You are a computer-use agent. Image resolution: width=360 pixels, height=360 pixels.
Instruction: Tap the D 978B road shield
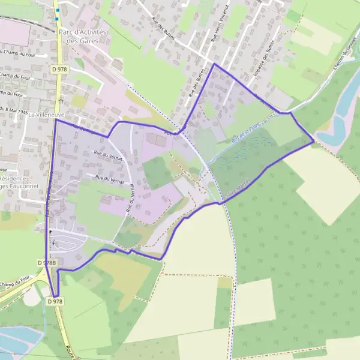point(46,263)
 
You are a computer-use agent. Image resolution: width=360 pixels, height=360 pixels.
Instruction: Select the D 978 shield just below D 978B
point(54,302)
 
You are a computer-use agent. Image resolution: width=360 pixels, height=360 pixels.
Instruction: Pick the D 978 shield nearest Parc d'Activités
point(59,70)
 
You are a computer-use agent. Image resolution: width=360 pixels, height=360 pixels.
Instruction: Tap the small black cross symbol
point(50,232)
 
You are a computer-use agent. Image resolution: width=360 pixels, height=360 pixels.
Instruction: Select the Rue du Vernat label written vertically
point(129,200)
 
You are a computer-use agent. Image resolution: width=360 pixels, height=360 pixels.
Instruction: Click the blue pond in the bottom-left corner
point(18,342)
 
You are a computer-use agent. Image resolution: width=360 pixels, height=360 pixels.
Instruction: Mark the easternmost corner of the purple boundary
point(313,142)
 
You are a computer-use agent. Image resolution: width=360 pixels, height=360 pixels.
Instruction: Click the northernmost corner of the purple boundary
point(214,64)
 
